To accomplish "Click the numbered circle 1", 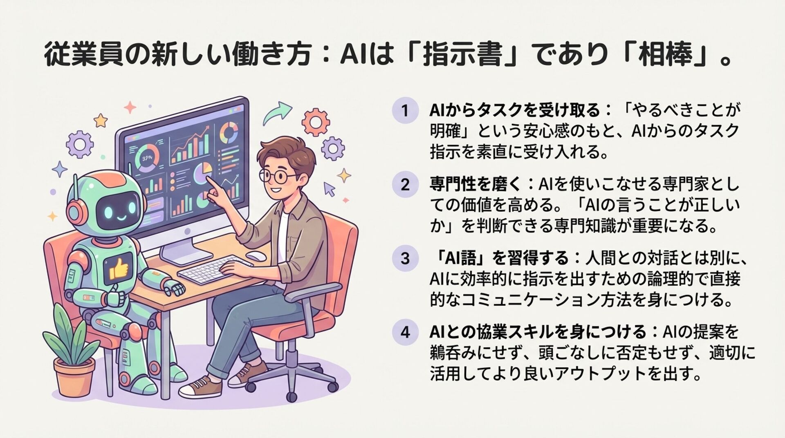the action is point(405,110).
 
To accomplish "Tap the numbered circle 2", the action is point(405,185).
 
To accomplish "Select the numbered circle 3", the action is point(405,258).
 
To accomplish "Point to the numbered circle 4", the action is point(405,332).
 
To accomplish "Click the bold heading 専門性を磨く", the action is point(476,185).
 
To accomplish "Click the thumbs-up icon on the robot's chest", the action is point(118,268).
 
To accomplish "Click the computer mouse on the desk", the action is point(256,256).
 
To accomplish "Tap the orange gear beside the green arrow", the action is point(315,121).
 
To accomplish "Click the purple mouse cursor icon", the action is point(329,189).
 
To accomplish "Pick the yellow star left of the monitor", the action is point(100,120).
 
